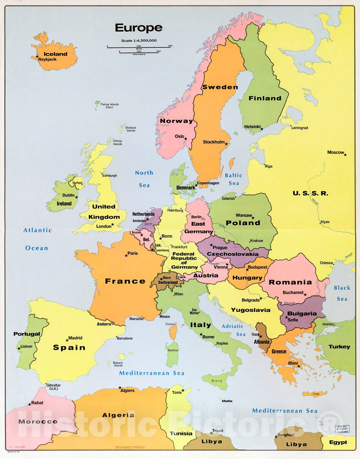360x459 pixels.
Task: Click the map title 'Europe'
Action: pyautogui.click(x=139, y=28)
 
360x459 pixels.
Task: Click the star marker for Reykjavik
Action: pyautogui.click(x=37, y=57)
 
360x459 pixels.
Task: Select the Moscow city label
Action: pyautogui.click(x=335, y=152)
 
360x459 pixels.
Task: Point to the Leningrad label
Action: pyautogui.click(x=299, y=128)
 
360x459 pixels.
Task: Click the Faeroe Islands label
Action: pyautogui.click(x=109, y=106)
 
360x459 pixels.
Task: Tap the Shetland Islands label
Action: pyautogui.click(x=131, y=129)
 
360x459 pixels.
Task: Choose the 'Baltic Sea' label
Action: pyautogui.click(x=233, y=179)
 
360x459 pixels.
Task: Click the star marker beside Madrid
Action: pyautogui.click(x=67, y=340)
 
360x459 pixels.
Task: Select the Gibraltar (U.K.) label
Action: pyautogui.click(x=54, y=387)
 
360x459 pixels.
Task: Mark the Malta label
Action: pyautogui.click(x=227, y=401)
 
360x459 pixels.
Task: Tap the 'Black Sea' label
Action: pyautogui.click(x=342, y=293)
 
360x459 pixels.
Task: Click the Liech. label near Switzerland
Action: pyautogui.click(x=182, y=277)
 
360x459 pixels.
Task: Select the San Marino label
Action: pyautogui.click(x=195, y=311)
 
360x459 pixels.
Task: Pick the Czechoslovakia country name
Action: pyautogui.click(x=233, y=254)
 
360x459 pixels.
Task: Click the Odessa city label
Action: pyautogui.click(x=326, y=263)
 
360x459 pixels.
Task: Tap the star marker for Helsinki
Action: pyautogui.click(x=262, y=129)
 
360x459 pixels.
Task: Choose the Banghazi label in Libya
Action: pyautogui.click(x=286, y=435)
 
